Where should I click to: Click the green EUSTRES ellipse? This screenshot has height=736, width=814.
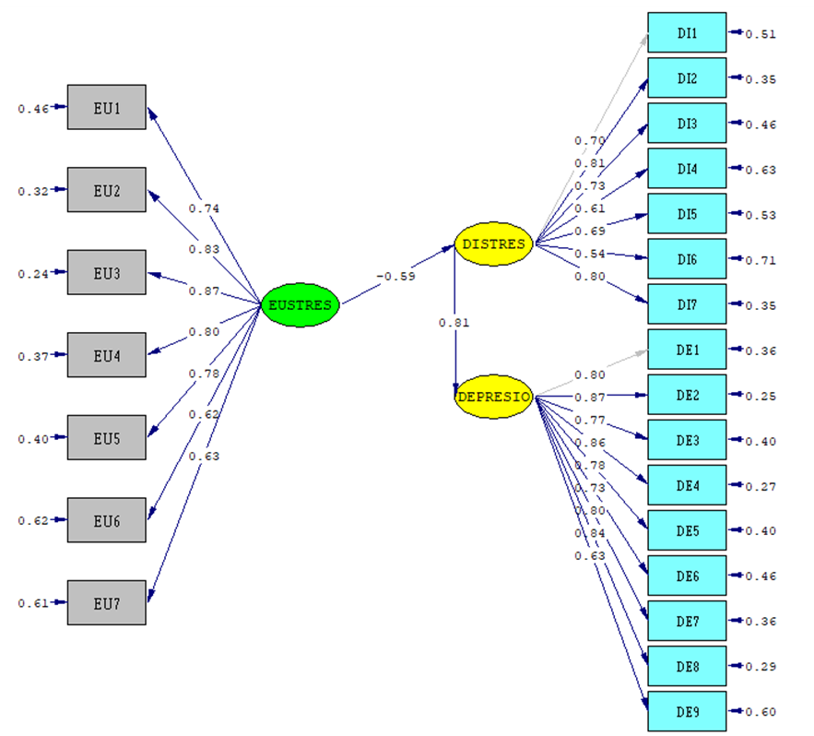301,305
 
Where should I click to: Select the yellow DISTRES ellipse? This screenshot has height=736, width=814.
494,244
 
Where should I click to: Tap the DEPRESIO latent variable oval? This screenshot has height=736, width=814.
494,398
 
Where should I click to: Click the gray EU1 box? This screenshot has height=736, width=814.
107,108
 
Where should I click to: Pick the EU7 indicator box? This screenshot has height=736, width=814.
107,602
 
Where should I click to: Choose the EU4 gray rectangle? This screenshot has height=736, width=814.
107,355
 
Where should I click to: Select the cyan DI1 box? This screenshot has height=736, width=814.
687,33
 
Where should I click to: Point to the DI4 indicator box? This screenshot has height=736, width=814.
687,169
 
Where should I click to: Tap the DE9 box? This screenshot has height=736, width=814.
687,712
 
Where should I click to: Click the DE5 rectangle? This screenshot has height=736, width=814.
687,531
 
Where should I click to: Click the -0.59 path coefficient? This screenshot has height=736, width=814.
395,276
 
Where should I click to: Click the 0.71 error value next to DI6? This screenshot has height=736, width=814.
761,261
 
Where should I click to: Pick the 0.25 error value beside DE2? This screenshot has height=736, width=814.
761,397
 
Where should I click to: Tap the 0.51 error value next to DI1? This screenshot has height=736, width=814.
761,35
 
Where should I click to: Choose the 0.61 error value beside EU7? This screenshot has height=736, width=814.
32,604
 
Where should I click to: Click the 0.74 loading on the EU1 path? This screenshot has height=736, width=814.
204,208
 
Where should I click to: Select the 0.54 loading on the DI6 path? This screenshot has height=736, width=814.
590,254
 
